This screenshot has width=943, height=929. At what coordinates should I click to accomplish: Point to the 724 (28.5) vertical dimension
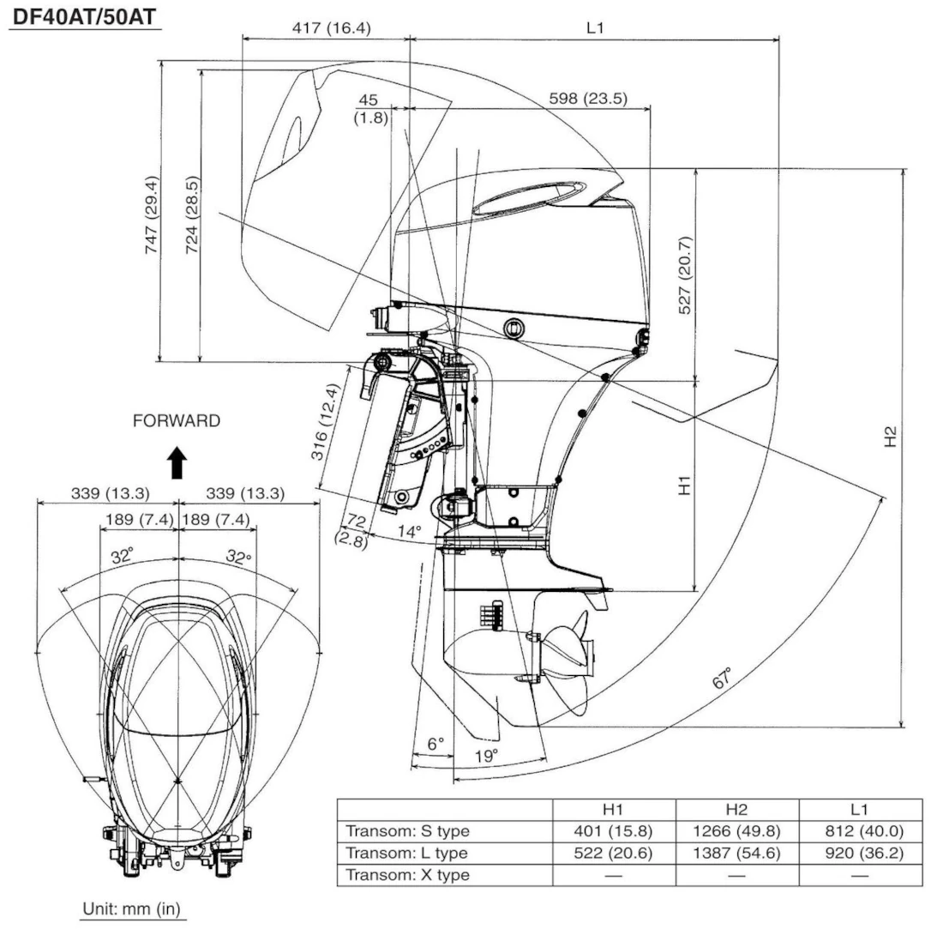pyautogui.click(x=193, y=213)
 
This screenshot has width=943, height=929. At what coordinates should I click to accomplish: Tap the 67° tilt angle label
pyautogui.click(x=724, y=678)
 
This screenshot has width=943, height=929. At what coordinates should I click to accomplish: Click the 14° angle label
pyautogui.click(x=410, y=532)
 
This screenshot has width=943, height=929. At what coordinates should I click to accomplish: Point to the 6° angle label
pyautogui.click(x=436, y=743)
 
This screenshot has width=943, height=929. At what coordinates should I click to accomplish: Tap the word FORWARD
pyautogui.click(x=177, y=421)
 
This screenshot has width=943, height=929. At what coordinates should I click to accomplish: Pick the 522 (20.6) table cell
pyautogui.click(x=615, y=854)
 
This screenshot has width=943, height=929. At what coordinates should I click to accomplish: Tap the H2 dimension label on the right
pyautogui.click(x=891, y=437)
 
